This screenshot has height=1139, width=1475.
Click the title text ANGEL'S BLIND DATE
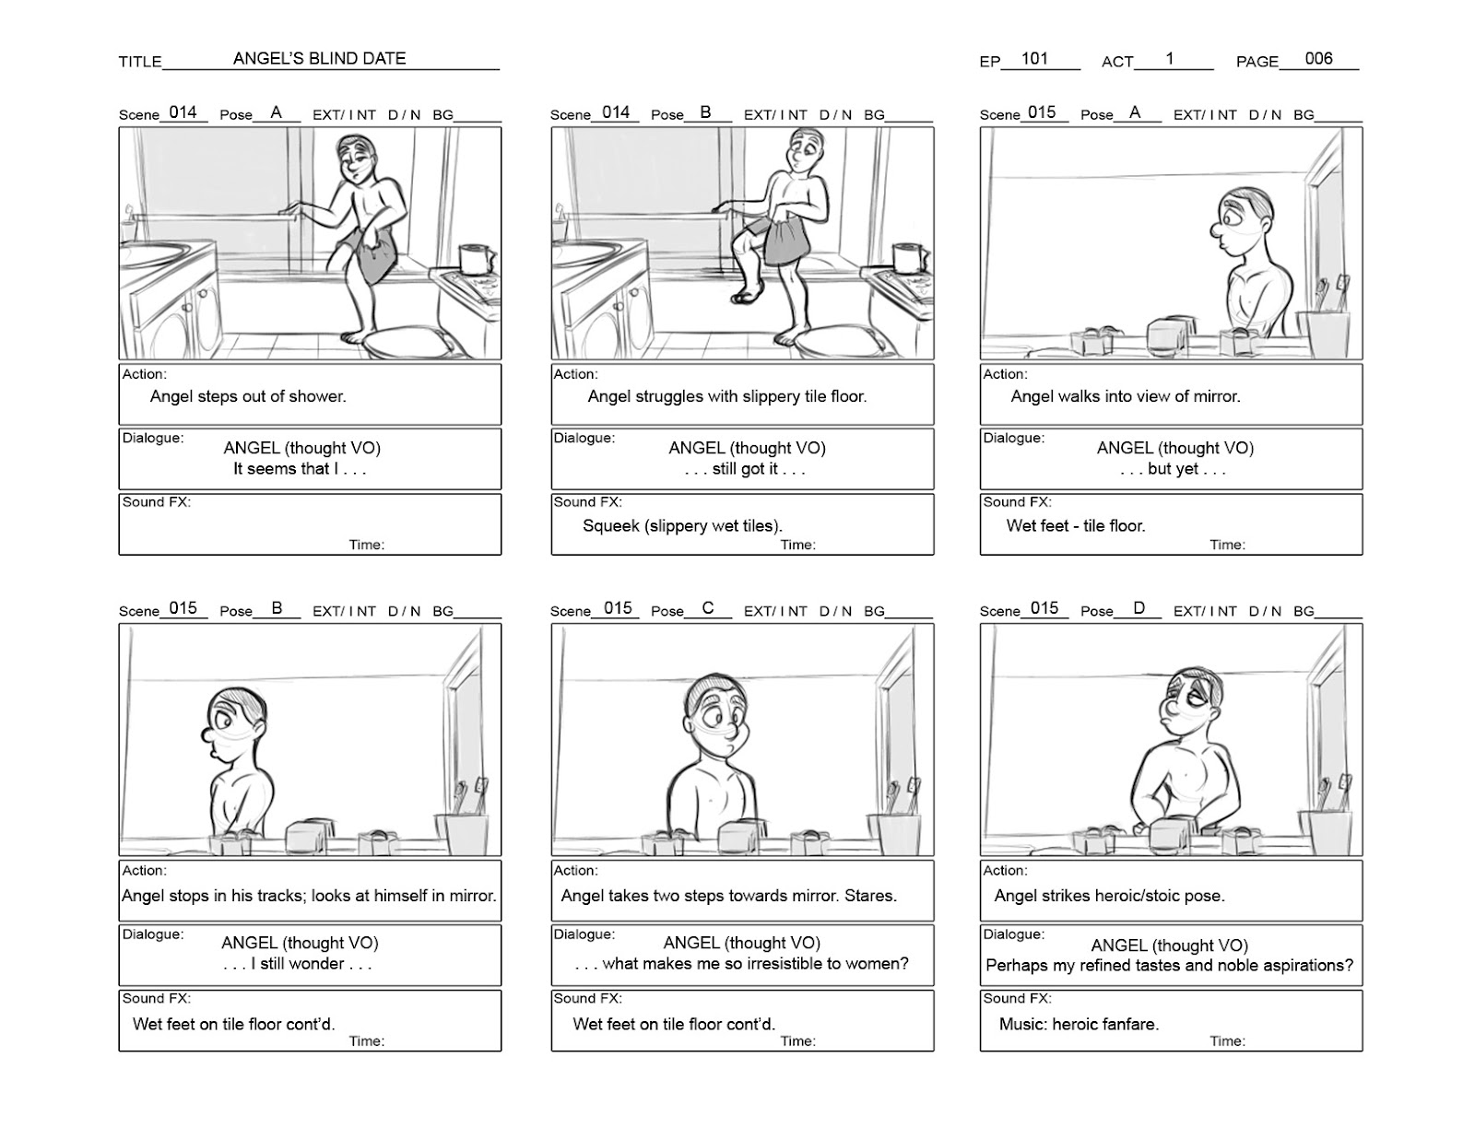click(319, 58)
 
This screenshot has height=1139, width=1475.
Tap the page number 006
click(1318, 58)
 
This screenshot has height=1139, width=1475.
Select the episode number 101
click(1034, 58)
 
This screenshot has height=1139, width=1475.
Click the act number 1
click(1169, 58)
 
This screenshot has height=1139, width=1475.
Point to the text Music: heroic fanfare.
click(1079, 1024)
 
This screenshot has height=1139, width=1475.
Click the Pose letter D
click(1139, 608)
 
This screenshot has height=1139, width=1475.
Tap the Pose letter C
click(708, 608)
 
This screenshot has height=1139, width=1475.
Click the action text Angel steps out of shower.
click(248, 396)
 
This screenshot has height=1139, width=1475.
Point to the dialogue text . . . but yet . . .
click(1173, 468)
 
